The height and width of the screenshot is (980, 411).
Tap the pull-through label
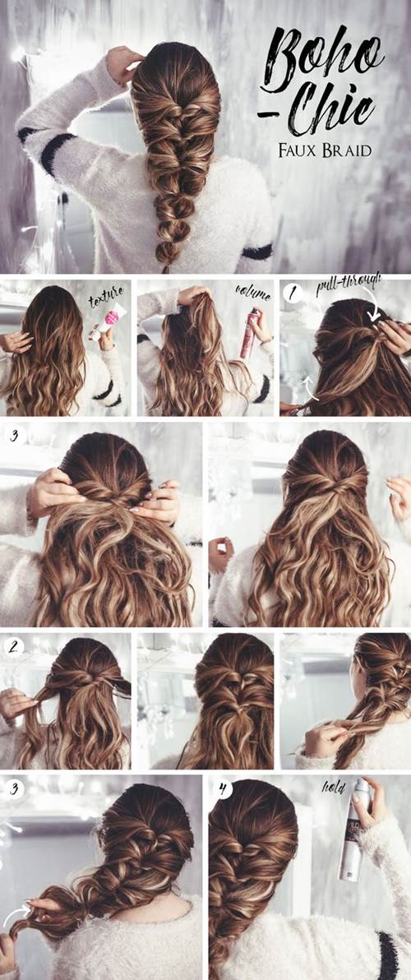pos(349,288)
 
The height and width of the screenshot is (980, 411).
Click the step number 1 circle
pos(293,292)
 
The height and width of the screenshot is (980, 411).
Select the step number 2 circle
pos(14,646)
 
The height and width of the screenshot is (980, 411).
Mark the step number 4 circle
pos(223,788)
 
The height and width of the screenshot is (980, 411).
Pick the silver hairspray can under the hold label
pos(352,831)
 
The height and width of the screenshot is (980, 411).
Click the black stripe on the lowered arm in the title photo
pos(256,252)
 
